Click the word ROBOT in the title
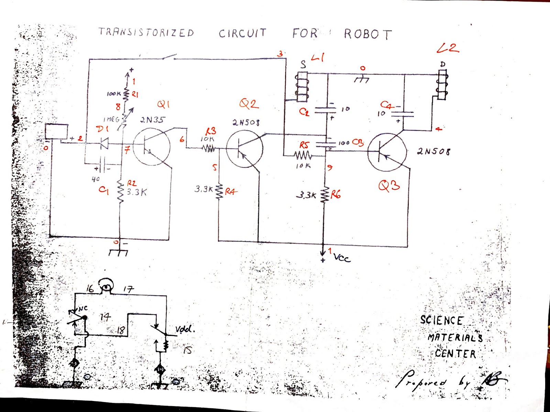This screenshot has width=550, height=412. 368,34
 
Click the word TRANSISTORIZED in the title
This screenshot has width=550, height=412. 146,32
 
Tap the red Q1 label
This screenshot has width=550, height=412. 164,104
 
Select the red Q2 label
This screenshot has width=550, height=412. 249,103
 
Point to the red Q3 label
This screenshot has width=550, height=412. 389,186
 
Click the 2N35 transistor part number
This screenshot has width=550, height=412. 152,120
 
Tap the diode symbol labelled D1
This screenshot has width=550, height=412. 103,144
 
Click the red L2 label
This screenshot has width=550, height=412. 448,48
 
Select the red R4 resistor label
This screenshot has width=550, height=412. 231,192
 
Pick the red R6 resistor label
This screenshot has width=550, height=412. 335,195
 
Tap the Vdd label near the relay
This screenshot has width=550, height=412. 185,329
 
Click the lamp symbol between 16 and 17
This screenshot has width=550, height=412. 106,285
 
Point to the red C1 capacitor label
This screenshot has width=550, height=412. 103,189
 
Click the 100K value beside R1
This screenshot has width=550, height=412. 113,94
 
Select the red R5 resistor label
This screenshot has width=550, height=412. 304,145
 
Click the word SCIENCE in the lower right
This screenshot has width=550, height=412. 441,320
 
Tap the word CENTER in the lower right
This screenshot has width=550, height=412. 455,353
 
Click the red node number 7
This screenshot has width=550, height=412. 127,150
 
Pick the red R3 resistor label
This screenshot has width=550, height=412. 211,131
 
